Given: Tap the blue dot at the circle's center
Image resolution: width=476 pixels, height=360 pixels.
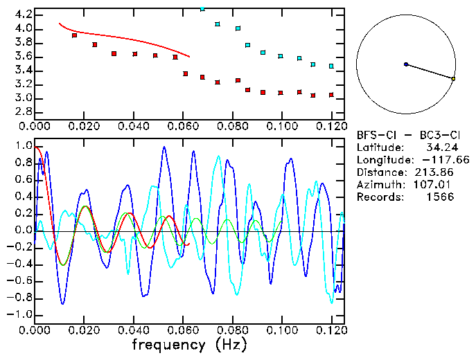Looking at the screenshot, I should [406, 64].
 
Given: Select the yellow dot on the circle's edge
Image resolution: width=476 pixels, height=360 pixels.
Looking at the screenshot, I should [453, 79].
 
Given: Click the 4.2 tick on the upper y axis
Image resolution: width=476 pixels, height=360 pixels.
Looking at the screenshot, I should [23, 15].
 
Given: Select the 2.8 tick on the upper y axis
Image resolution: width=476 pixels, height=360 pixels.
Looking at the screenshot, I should [23, 111].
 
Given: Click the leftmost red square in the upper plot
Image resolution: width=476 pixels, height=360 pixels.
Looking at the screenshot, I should [75, 35].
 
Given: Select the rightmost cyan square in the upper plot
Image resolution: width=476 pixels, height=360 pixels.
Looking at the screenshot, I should [331, 66].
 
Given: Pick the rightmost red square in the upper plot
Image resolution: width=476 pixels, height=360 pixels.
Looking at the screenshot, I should [332, 95].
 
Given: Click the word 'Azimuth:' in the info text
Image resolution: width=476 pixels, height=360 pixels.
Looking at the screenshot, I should [378, 185].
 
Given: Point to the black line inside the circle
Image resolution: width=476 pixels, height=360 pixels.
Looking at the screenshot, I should [430, 72].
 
